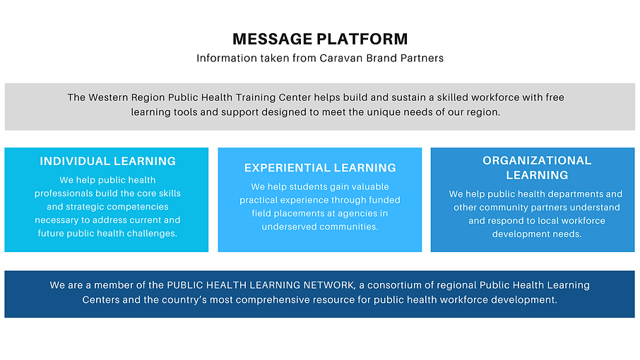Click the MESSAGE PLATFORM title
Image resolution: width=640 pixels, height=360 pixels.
(x=320, y=40)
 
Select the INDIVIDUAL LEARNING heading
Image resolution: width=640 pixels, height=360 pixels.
(x=107, y=161)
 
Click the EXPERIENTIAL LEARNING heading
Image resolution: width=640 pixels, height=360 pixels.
(x=320, y=168)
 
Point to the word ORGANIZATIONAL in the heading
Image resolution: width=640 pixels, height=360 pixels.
(x=537, y=161)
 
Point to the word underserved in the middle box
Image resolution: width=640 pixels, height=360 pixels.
(x=290, y=227)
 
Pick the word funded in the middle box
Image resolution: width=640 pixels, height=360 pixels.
(x=384, y=200)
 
